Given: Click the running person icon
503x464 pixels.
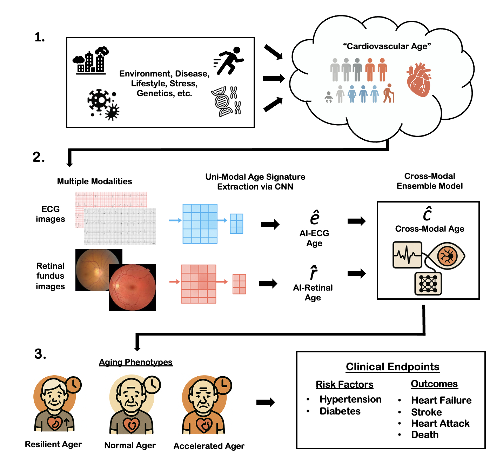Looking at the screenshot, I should (230, 61).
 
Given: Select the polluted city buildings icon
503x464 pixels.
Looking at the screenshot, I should (91, 61).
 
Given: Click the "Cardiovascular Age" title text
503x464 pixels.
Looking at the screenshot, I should (387, 46).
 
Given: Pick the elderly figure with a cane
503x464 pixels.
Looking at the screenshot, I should (388, 93).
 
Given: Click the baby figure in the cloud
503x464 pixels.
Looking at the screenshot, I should (329, 97).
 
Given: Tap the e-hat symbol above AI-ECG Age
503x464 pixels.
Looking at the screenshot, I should (315, 217).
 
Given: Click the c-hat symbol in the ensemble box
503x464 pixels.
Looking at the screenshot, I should (428, 213).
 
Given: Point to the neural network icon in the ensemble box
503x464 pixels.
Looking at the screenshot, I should (428, 284).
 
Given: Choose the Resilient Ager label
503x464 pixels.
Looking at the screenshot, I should (53, 444).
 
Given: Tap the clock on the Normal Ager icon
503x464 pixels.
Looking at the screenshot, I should (153, 385).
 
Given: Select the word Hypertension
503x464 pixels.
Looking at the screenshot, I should (350, 399).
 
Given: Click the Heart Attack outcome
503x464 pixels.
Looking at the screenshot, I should (440, 424).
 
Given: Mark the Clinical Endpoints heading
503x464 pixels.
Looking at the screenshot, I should (393, 367).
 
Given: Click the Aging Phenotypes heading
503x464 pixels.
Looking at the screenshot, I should (136, 362).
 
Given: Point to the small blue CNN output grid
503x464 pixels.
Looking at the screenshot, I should (236, 224).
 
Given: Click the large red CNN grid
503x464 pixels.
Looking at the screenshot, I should (199, 284).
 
